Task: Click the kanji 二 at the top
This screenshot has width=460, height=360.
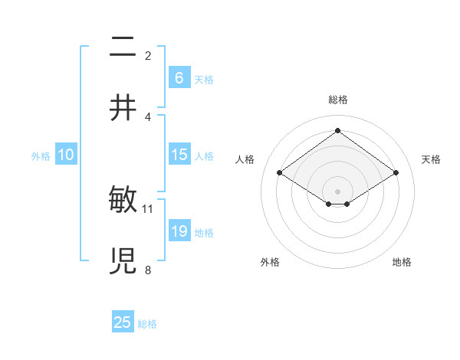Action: (123, 48)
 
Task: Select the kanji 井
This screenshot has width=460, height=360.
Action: (123, 108)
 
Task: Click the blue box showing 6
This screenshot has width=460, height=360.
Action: (179, 77)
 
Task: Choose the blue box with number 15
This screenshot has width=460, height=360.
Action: (179, 155)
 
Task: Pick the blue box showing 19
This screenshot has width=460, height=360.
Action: (179, 231)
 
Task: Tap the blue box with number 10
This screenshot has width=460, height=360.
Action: (66, 155)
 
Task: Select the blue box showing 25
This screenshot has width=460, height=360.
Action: (123, 322)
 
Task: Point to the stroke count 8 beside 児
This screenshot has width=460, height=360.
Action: (148, 270)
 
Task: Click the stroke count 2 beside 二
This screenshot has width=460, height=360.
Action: (148, 56)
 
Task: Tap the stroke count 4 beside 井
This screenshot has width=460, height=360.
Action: (148, 116)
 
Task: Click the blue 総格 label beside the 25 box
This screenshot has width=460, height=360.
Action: (147, 324)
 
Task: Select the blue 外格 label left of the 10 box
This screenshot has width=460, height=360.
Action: (41, 156)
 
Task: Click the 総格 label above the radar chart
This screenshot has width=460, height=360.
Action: (337, 100)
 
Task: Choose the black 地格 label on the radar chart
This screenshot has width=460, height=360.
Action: (402, 263)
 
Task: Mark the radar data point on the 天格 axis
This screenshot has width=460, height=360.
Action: (396, 173)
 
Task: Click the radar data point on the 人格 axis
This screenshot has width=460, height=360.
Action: (280, 173)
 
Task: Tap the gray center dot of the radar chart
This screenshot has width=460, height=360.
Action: (337, 191)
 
